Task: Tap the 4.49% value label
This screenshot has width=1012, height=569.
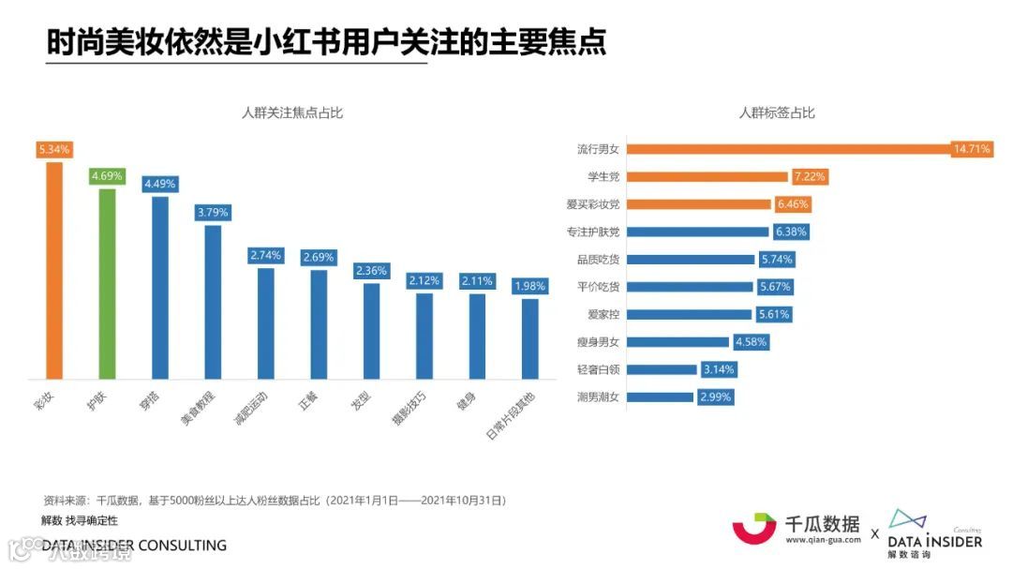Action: [x=159, y=184]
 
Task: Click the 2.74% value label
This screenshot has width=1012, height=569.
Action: [x=265, y=255]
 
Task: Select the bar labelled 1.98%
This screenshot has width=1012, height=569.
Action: [x=529, y=338]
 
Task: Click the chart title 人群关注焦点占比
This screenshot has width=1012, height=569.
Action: [x=292, y=113]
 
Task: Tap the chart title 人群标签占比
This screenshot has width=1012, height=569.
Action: [x=777, y=113]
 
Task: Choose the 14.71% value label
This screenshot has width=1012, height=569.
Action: [x=972, y=149]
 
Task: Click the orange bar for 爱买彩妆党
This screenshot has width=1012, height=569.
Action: [x=699, y=203]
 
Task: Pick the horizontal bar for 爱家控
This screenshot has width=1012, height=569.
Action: [x=690, y=314]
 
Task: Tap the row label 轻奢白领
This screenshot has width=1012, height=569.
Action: [x=597, y=369]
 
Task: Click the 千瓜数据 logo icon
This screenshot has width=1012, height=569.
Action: [x=754, y=528]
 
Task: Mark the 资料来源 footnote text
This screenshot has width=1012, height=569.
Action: [x=275, y=501]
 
